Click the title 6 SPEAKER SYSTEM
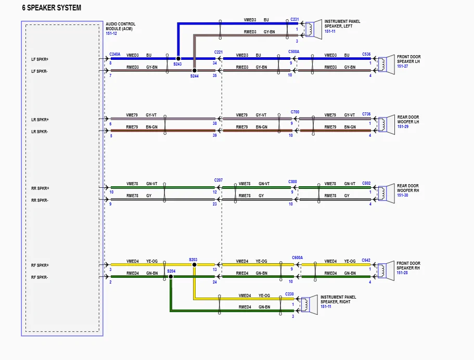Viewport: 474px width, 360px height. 52,8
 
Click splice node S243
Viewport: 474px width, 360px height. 178,58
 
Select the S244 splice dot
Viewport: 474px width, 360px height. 194,70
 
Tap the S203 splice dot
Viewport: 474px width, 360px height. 194,264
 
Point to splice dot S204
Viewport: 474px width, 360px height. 171,277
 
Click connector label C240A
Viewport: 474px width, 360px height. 115,54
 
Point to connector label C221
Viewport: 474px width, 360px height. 219,52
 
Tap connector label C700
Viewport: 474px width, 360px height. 295,112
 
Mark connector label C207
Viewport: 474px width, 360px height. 219,180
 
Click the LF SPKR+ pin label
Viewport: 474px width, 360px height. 40,59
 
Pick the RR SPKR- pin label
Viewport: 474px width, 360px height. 40,200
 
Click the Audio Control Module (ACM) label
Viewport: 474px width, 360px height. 120,27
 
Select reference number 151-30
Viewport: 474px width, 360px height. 402,195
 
